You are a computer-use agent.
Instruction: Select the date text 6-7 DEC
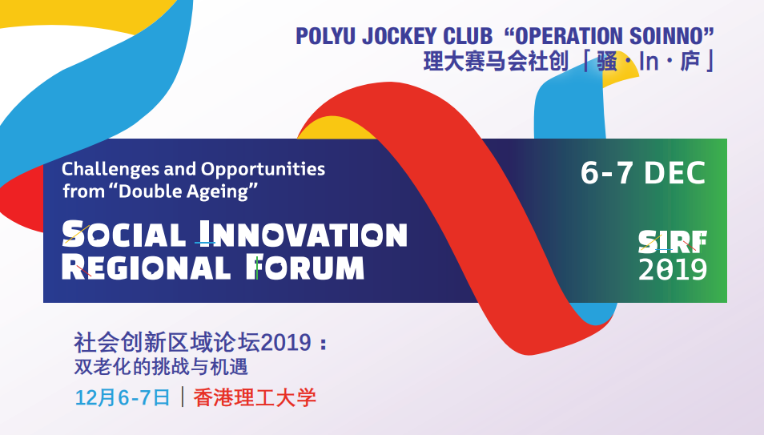click(x=643, y=173)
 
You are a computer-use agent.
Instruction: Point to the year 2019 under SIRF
click(x=673, y=270)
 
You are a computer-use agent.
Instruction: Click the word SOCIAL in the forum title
click(x=124, y=234)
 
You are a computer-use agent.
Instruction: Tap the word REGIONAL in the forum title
click(x=146, y=268)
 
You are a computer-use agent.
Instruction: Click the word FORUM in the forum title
click(x=304, y=268)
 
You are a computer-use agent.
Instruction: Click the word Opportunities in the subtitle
click(x=263, y=170)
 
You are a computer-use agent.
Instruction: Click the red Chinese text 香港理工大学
click(x=255, y=397)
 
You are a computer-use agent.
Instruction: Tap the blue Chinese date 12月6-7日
click(x=123, y=397)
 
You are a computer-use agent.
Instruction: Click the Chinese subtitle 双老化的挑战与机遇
click(x=161, y=367)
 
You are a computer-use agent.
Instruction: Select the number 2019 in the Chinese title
click(x=286, y=342)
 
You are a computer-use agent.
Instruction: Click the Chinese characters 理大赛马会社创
click(x=496, y=62)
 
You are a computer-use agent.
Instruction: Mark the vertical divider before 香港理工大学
click(x=183, y=397)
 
